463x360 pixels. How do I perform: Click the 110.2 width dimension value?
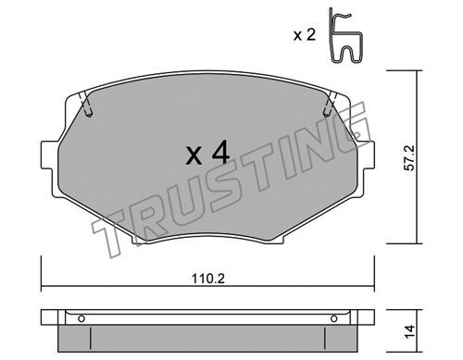[x=208, y=279]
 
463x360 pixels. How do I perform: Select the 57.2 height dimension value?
[x=410, y=158]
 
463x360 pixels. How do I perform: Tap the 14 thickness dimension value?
[x=409, y=331]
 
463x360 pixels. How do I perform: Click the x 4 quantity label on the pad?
[x=207, y=153]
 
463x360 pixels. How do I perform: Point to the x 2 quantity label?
[x=304, y=35]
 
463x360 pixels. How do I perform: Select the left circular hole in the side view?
[x=81, y=318]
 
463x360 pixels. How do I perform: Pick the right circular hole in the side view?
[x=333, y=318]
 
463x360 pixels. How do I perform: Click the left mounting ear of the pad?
[x=47, y=155]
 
